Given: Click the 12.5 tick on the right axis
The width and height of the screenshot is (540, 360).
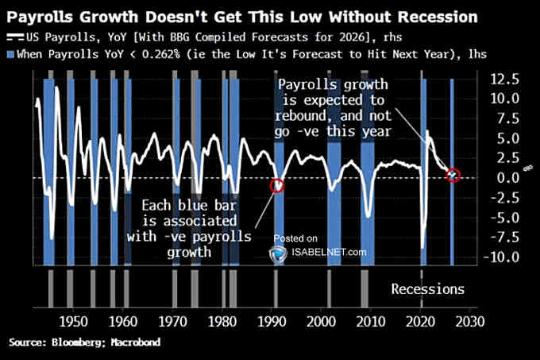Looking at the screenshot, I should (506, 79).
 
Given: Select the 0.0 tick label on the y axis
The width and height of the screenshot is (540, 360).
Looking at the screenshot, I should (508, 178).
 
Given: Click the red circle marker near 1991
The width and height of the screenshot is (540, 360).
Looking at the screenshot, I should (276, 186).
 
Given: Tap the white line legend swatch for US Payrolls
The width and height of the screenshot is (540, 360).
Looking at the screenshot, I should (14, 37).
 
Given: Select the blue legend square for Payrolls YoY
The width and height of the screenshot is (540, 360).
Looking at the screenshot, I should (10, 52).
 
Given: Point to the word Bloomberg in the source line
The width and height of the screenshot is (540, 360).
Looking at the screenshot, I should (74, 342).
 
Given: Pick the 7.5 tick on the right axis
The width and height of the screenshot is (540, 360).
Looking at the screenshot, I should (508, 118).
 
